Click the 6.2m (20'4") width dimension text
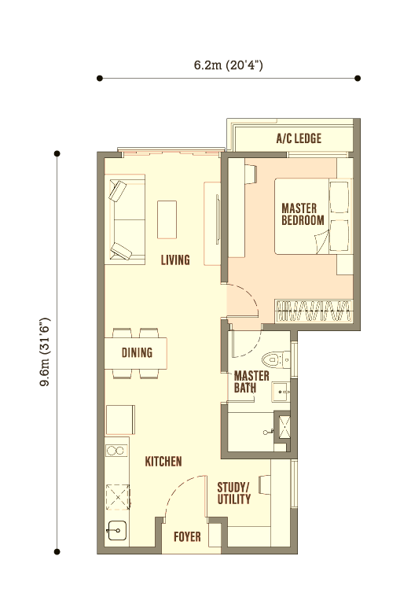point(229,64)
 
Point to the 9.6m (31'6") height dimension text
point(46,352)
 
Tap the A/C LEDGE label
point(299,138)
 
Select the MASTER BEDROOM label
point(303,214)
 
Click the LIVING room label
point(175,260)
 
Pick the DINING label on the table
point(137,352)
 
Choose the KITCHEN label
point(163,461)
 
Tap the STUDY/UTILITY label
point(234,493)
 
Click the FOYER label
point(187,536)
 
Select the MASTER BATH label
point(251,381)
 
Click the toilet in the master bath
point(276,359)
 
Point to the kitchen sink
point(117,530)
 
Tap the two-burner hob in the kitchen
point(117,451)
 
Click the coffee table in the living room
point(167,219)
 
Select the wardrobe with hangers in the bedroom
point(314,311)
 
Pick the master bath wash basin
point(281,392)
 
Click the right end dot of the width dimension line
point(358,79)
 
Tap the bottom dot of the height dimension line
point(57,552)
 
